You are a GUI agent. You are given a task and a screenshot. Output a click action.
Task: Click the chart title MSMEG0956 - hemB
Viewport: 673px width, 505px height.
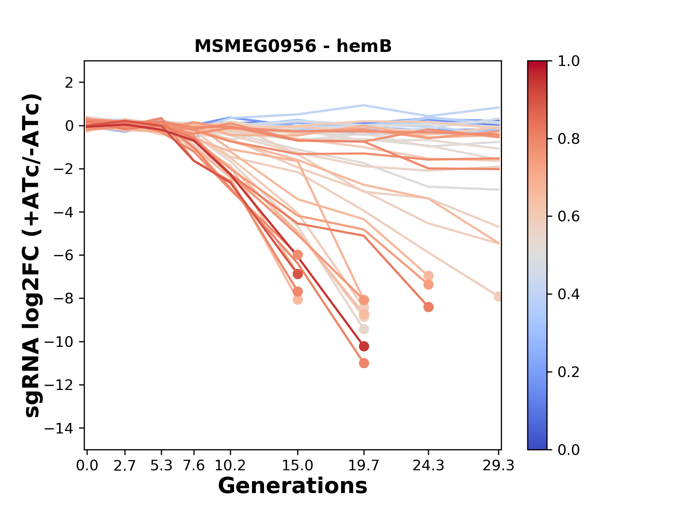293,46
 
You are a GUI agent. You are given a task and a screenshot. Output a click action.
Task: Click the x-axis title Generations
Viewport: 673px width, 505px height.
293,486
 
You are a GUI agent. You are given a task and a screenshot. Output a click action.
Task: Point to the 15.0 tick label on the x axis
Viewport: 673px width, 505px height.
298,466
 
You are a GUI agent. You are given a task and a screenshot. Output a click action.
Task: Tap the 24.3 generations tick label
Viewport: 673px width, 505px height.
428,466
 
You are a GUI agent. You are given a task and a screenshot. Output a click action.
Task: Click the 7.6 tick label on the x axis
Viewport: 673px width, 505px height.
194,466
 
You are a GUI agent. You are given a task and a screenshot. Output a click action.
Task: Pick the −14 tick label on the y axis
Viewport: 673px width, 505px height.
63,428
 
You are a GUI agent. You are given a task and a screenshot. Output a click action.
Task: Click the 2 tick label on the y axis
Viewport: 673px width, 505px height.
69,83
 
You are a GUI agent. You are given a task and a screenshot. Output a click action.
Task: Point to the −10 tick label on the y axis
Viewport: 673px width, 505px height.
63,342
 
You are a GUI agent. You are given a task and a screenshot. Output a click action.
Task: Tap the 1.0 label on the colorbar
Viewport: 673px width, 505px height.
569,61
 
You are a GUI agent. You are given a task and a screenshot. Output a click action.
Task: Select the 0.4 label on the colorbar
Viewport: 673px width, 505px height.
569,294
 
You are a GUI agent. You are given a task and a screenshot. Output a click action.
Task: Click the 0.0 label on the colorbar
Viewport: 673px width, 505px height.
569,450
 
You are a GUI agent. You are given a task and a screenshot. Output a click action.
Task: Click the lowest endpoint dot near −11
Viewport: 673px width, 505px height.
364,363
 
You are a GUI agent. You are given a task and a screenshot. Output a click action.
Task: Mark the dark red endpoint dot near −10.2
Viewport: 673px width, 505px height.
364,346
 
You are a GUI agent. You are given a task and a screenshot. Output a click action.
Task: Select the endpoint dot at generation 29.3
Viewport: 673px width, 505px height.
498,296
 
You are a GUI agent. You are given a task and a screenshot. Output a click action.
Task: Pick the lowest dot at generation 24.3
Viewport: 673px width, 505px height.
428,307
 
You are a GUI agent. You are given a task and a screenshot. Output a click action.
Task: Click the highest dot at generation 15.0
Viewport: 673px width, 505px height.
298,255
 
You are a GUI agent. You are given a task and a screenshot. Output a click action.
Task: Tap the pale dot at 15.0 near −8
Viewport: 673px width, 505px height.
298,300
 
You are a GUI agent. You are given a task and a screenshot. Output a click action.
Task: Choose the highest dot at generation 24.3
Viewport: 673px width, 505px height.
428,276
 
